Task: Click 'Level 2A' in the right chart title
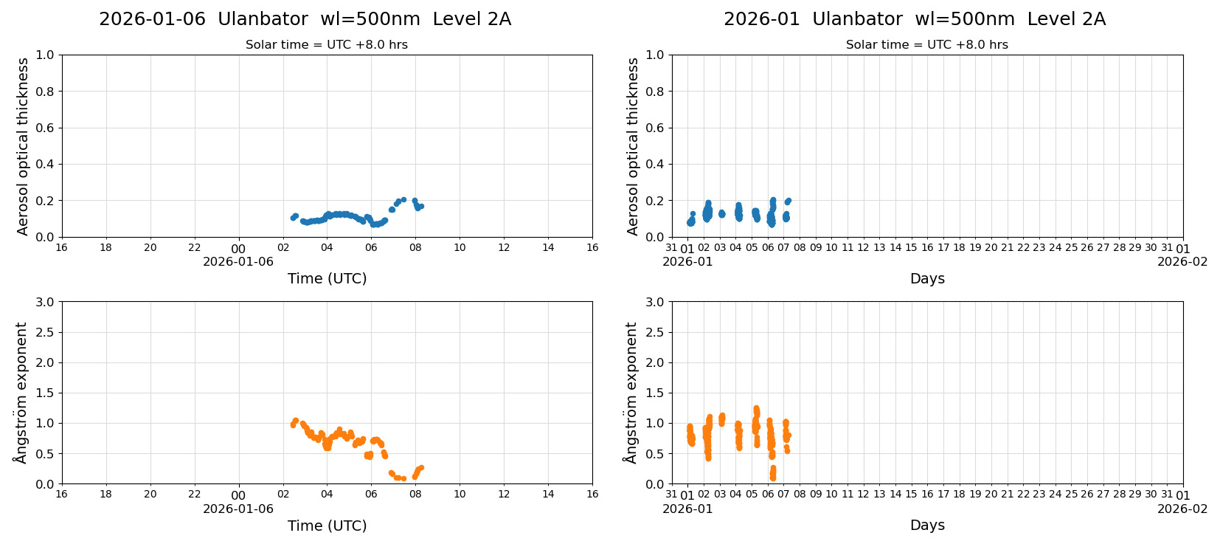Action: [1066, 19]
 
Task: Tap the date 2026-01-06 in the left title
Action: [152, 19]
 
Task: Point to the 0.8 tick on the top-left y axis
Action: [45, 92]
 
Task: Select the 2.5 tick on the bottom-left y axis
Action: [45, 332]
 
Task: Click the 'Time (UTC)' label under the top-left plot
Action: [327, 278]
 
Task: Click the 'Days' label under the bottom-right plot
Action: [927, 525]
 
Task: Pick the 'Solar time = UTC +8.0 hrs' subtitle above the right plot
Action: [926, 45]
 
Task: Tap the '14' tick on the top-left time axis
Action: [548, 248]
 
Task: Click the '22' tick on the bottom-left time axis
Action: [194, 495]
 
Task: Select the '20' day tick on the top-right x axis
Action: [991, 248]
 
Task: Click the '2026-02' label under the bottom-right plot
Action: [1182, 509]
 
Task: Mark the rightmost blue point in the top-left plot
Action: [421, 206]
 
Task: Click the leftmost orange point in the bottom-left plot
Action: [293, 425]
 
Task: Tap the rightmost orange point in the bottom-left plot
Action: [421, 467]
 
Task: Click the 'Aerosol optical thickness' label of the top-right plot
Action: [633, 146]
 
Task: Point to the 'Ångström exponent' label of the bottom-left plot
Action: [21, 393]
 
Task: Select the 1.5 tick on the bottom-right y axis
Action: [655, 393]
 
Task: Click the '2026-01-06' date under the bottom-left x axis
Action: [238, 509]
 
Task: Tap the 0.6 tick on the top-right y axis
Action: [655, 128]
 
